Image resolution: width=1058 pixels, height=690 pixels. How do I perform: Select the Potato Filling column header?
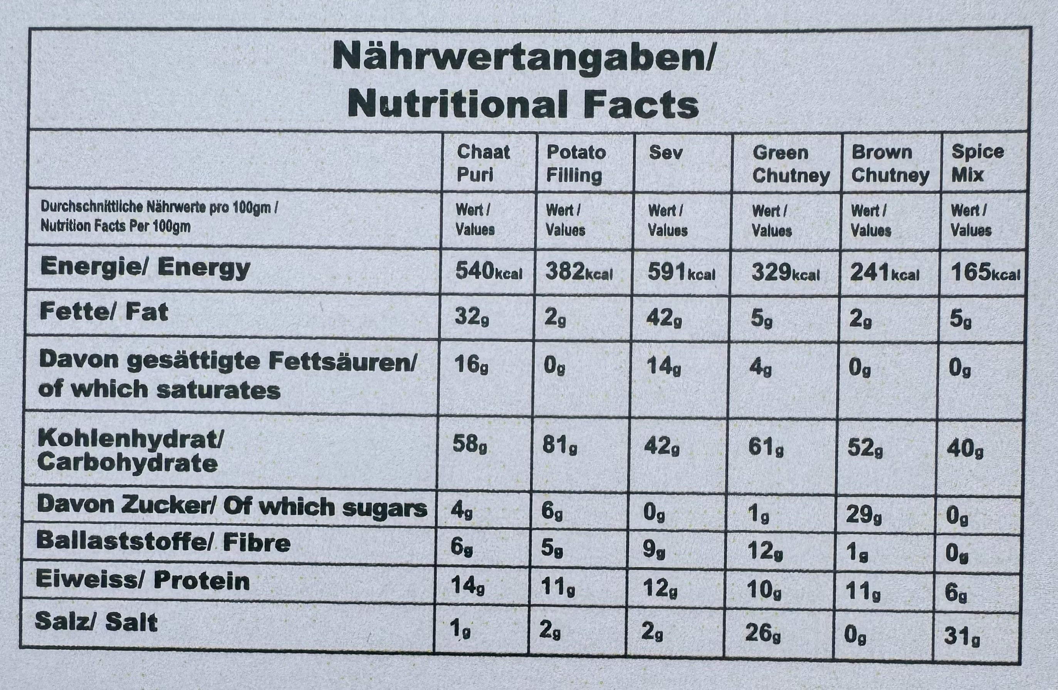[x=576, y=164]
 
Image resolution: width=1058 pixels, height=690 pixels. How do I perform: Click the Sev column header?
[x=665, y=153]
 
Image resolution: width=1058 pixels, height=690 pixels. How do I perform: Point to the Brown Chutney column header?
[x=890, y=164]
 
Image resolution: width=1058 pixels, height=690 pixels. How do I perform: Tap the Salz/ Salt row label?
[x=96, y=621]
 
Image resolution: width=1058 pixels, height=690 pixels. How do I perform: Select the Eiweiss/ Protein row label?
[x=142, y=581]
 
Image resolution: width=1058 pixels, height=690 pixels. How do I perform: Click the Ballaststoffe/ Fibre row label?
[x=163, y=542]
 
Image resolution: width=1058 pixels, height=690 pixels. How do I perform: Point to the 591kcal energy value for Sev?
[x=681, y=273]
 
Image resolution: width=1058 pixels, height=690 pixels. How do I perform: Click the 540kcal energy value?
[x=489, y=272]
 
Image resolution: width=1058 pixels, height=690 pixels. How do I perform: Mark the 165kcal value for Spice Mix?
[x=985, y=273]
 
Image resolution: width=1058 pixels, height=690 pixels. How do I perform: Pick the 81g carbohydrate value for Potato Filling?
[x=559, y=446]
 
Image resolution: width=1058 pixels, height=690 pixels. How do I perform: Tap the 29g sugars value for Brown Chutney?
[x=864, y=515]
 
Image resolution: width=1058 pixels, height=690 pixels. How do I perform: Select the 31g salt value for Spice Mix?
[x=962, y=637]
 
